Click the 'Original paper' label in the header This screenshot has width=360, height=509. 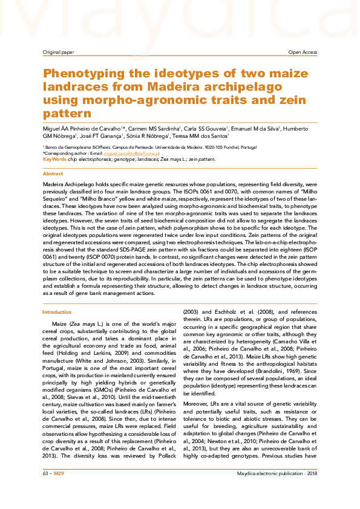tap(58, 53)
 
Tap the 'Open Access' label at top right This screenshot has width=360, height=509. tap(302, 53)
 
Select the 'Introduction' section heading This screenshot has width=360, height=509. tap(56, 312)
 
